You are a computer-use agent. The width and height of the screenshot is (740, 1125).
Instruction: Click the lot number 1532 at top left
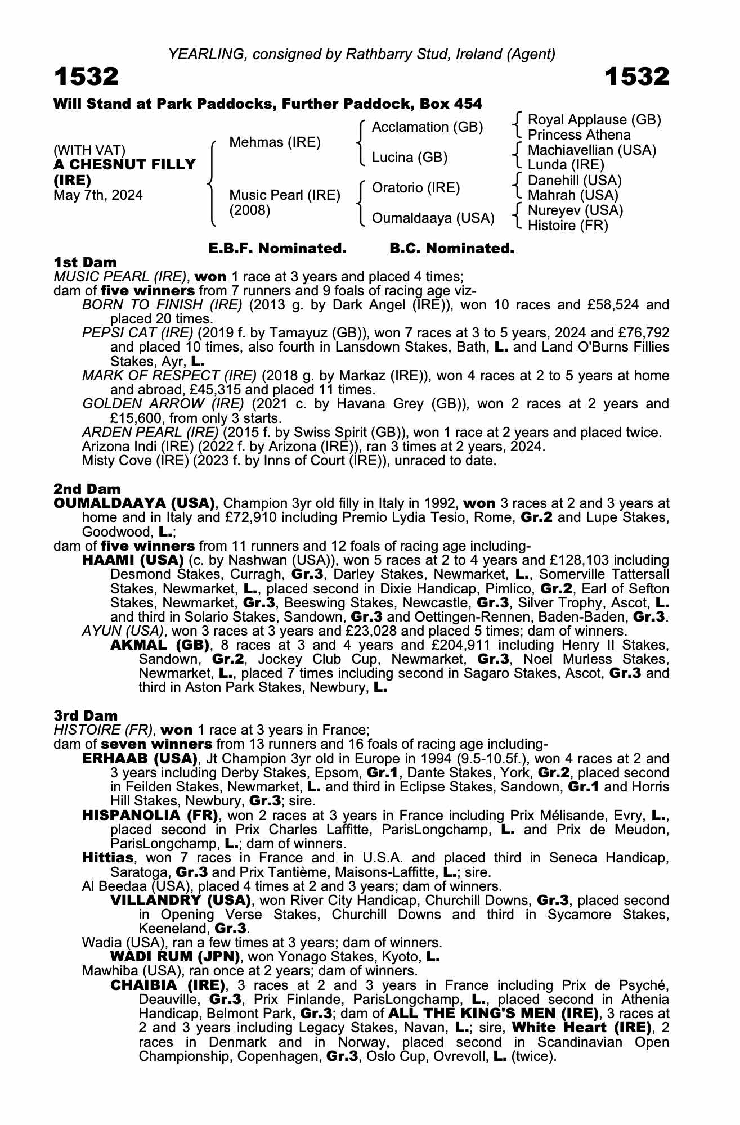[86, 76]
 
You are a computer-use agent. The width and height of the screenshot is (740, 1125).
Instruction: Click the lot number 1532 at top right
[637, 76]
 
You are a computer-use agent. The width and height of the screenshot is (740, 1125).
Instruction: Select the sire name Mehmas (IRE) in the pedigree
[275, 142]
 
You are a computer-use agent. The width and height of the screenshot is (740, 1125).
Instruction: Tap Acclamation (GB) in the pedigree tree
[427, 127]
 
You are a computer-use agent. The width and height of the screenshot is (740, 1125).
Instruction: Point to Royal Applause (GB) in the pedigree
[594, 120]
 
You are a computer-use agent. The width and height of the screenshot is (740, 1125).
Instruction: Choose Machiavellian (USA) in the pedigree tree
[592, 150]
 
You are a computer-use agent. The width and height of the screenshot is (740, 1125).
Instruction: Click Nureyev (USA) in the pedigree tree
[575, 210]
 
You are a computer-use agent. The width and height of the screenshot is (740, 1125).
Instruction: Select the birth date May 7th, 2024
[98, 195]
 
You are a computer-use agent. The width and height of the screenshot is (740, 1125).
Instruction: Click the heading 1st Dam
[85, 263]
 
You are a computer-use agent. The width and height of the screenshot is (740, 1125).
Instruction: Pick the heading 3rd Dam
[86, 715]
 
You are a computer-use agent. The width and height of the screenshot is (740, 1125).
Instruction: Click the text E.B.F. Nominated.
[277, 249]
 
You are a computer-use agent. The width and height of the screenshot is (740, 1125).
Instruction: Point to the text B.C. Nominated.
[452, 249]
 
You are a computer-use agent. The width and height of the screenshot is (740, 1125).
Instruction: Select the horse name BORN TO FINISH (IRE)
[162, 305]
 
